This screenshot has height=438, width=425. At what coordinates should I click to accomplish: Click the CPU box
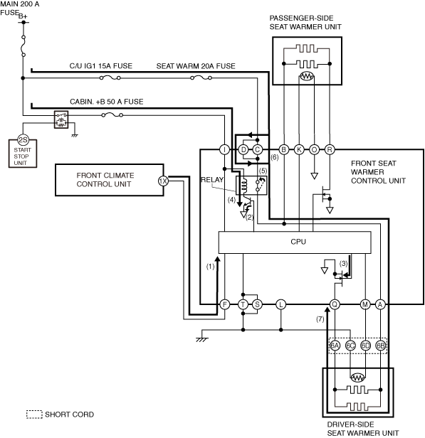[295, 242]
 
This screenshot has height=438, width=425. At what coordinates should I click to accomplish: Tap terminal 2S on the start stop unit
[23, 140]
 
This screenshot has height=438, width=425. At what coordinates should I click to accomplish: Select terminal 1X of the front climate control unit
[163, 181]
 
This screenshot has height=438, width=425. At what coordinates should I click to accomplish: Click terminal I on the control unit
[224, 150]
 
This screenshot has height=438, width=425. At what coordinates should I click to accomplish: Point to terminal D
[243, 150]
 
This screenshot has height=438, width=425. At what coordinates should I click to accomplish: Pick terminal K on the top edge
[299, 150]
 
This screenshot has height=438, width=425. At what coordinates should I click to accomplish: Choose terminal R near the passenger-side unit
[330, 150]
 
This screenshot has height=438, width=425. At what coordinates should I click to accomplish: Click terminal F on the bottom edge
[225, 304]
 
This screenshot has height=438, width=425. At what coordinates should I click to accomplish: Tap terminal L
[281, 304]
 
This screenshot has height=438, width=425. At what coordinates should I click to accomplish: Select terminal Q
[335, 304]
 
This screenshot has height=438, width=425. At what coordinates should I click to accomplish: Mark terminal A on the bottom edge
[380, 304]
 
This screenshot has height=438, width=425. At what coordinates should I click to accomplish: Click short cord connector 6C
[350, 346]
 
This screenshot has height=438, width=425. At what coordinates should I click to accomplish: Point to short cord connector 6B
[381, 346]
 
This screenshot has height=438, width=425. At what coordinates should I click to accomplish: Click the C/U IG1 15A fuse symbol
[110, 78]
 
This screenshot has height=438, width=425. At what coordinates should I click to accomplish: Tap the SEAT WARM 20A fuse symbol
[201, 78]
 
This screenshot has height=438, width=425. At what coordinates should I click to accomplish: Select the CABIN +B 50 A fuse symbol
[112, 114]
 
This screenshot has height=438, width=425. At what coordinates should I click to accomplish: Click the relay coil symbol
[244, 185]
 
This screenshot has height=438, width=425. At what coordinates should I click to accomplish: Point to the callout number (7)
[320, 319]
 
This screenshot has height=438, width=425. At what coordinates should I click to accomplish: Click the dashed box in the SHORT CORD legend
[34, 415]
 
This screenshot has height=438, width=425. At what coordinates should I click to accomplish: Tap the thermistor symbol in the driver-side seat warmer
[357, 378]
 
